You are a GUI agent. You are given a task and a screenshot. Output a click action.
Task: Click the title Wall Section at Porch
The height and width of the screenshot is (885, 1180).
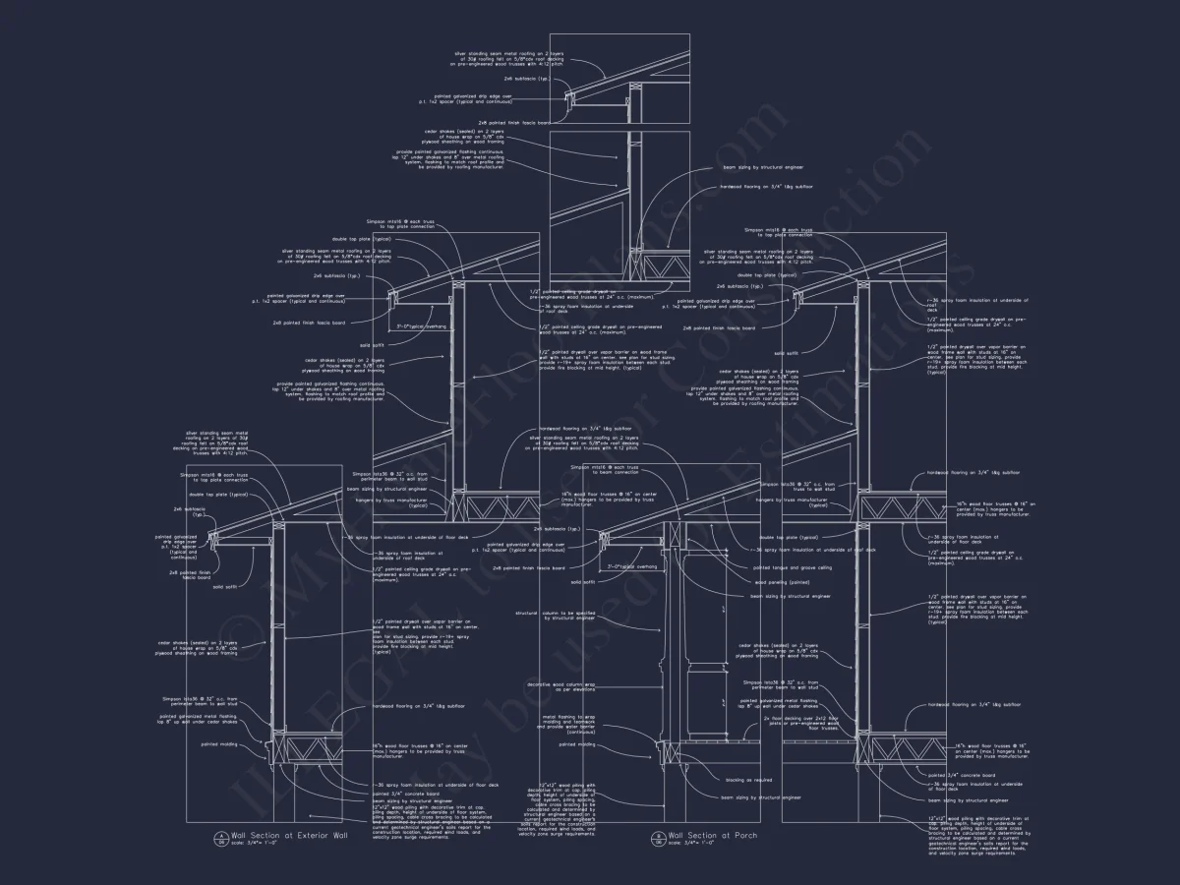(x=698, y=835)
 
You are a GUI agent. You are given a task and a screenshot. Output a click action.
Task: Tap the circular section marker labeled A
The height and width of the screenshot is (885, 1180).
(x=220, y=838)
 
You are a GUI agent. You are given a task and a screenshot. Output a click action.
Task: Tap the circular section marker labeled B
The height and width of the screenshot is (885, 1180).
(x=658, y=838)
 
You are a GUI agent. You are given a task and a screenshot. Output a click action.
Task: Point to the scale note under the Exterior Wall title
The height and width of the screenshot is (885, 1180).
(x=254, y=843)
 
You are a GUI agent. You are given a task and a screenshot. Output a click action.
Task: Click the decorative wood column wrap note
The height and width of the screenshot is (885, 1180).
(x=561, y=686)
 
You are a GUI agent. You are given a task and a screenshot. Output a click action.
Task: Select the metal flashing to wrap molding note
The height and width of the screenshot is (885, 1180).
(x=568, y=724)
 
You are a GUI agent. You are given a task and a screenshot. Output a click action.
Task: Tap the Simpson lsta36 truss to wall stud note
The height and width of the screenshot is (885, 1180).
(x=798, y=487)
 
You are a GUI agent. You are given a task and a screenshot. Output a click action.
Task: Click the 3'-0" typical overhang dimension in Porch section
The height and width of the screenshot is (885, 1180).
(x=631, y=567)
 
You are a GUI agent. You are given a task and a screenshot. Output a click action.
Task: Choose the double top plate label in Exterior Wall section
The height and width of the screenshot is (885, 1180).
(x=225, y=495)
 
